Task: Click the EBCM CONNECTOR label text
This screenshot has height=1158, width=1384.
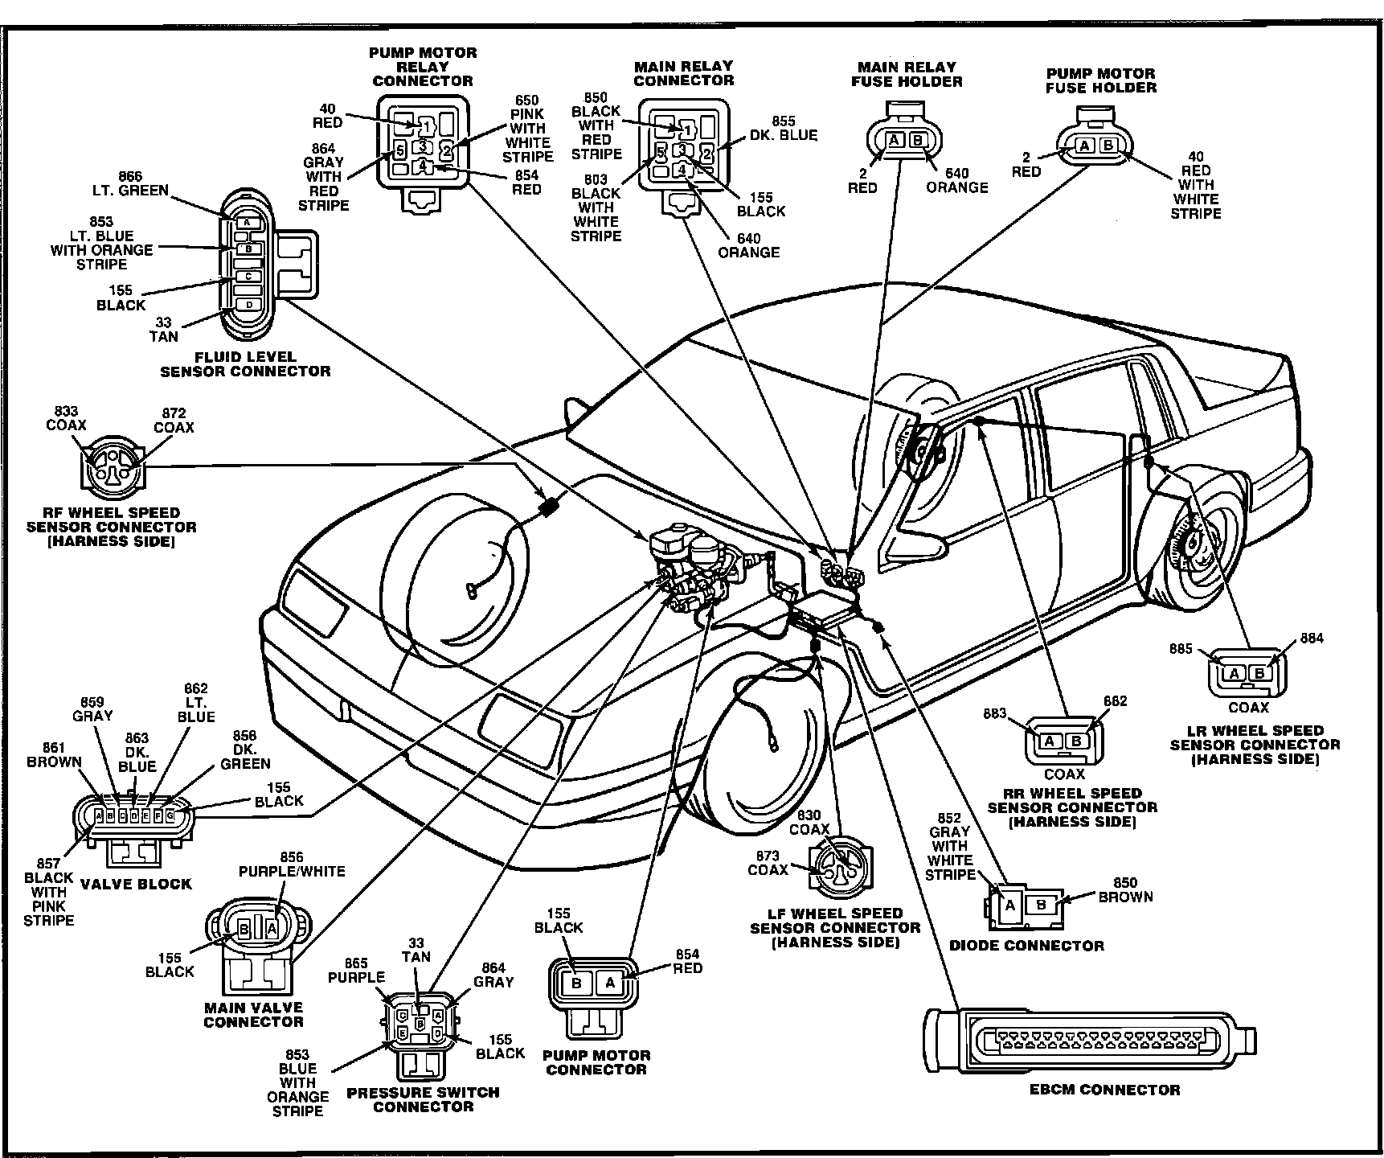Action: pos(1105,1090)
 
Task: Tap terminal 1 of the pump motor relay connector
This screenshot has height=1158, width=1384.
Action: pos(425,125)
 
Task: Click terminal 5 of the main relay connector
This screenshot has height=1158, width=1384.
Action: pos(660,152)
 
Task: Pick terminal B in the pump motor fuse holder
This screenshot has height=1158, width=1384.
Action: pos(1108,146)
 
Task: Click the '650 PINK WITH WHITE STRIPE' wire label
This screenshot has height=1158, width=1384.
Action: pos(527,129)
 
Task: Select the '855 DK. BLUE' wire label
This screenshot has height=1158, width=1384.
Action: pos(783,129)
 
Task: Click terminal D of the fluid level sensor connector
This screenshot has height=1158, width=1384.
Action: pos(248,305)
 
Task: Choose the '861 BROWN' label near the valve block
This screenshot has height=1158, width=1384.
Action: pos(55,755)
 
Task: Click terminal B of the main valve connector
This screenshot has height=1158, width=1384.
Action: pos(244,930)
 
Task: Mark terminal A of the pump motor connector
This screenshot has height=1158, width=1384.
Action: pos(609,982)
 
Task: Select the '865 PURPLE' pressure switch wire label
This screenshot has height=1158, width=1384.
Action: pos(356,971)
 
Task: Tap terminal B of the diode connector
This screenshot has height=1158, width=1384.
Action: pos(1042,904)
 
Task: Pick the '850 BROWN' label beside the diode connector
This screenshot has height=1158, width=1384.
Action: pos(1125,889)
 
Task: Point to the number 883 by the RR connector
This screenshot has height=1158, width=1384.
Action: pos(995,713)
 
